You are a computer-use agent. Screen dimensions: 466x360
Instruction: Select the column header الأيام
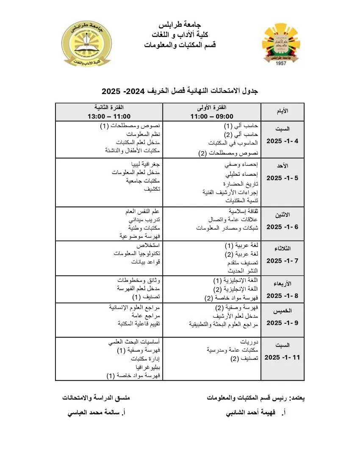282,111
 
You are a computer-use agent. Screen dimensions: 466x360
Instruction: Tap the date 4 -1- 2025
282,141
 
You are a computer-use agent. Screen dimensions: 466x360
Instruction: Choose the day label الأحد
282,166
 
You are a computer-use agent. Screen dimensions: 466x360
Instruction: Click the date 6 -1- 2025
282,227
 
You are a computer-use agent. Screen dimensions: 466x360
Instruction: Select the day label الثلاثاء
282,248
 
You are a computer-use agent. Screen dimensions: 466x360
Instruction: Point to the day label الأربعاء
282,283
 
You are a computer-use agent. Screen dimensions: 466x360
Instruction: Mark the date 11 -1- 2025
282,358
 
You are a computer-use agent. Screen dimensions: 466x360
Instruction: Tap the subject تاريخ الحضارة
241,184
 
